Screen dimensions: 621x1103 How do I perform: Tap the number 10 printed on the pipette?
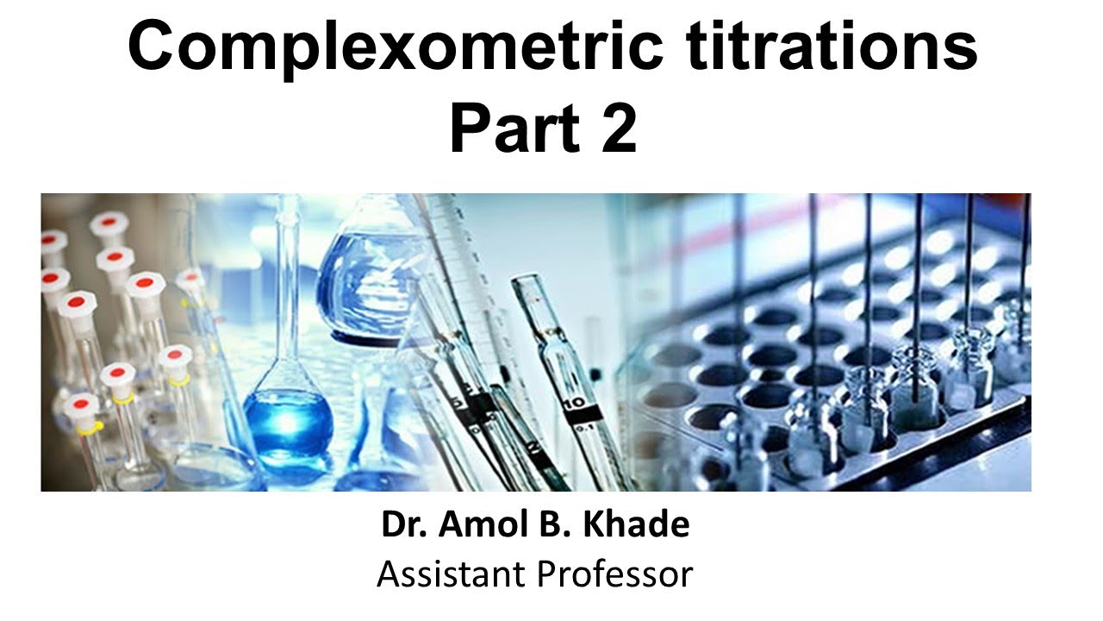[576, 401]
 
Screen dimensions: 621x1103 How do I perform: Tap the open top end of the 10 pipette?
[527, 285]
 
